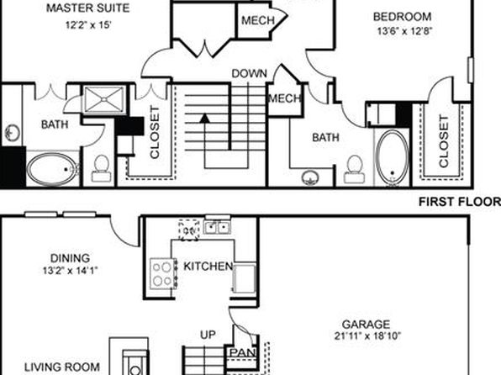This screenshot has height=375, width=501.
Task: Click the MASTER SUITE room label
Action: (x=88, y=8)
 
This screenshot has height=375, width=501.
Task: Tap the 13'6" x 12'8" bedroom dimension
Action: (x=405, y=31)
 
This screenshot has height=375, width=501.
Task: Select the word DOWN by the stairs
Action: (x=249, y=73)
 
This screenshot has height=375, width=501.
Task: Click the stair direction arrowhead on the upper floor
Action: (x=205, y=119)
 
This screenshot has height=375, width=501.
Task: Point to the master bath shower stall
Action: (x=104, y=99)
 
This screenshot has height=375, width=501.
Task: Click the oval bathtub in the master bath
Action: (x=52, y=170)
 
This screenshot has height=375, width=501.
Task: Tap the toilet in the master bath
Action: (x=101, y=169)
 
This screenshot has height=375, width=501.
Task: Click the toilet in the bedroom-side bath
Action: (x=354, y=170)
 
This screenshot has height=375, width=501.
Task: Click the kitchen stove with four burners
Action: (x=163, y=273)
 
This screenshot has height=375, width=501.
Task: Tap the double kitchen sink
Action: (x=217, y=228)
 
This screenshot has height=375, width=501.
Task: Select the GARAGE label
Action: (x=366, y=325)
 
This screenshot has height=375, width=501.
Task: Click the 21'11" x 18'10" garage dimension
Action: (x=367, y=336)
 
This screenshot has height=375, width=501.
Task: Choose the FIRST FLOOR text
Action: (x=460, y=202)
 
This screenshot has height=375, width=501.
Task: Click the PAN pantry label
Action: (x=243, y=353)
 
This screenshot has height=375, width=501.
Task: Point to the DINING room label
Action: (x=70, y=258)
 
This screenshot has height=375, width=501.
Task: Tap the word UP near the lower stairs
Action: (x=208, y=335)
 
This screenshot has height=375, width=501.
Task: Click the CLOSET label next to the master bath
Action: (x=155, y=132)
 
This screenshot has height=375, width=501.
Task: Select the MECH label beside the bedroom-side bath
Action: (x=284, y=98)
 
